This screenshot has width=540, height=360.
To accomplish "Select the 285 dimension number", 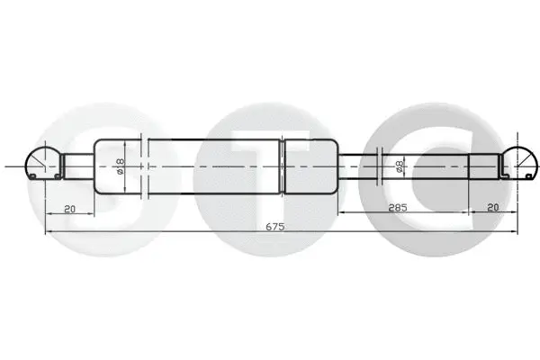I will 399,207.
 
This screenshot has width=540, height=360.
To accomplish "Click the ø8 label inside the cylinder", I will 120,166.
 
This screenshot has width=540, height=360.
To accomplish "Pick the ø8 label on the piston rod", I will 400,166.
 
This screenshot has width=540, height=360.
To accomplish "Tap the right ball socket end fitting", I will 522,164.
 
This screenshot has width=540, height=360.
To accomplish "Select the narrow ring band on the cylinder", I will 283,166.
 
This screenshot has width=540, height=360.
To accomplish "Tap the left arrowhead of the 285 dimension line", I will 341,213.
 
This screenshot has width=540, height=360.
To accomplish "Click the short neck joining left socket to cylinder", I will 77,166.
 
